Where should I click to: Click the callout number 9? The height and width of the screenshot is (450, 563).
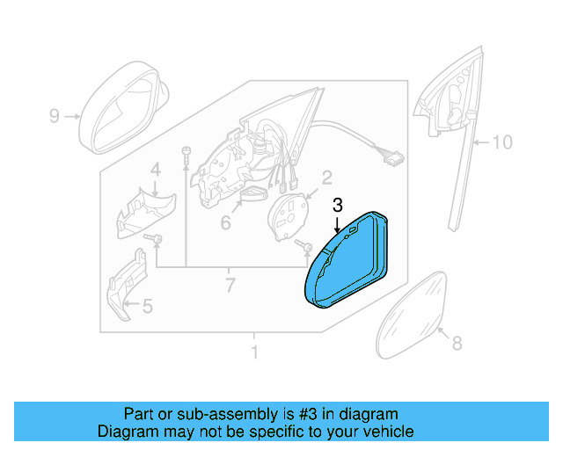(x=54, y=116)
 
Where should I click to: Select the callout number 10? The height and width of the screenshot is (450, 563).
(x=501, y=141)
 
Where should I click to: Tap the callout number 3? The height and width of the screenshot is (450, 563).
(x=337, y=206)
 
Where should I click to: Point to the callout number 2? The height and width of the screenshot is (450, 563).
(x=325, y=179)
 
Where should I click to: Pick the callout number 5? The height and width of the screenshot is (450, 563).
(x=225, y=223)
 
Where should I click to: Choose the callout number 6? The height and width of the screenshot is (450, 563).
(x=230, y=285)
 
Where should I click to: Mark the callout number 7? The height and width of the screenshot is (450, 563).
(x=456, y=345)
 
